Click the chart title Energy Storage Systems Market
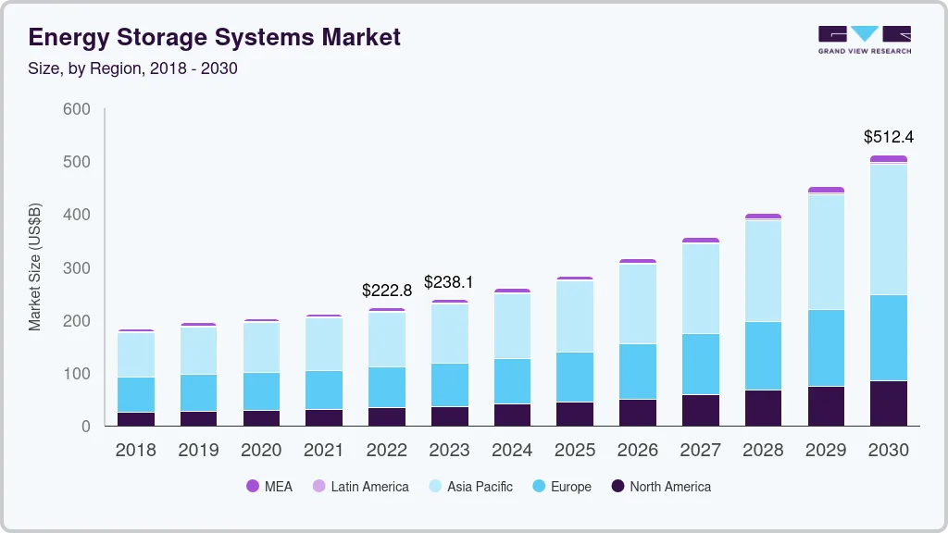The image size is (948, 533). click(x=214, y=37)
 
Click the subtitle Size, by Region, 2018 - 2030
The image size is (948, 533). click(x=133, y=68)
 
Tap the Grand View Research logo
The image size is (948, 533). click(x=864, y=40)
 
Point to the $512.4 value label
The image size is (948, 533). click(x=889, y=137)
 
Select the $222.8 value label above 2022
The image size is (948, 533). click(x=387, y=291)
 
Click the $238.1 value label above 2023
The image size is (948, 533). click(x=449, y=282)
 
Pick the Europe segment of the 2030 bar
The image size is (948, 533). click(x=889, y=338)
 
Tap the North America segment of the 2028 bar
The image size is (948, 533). click(x=763, y=408)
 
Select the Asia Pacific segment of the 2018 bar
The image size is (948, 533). click(x=136, y=354)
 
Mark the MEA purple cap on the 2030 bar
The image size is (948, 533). click(x=889, y=159)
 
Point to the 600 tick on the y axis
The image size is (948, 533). click(x=77, y=109)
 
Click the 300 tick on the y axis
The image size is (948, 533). click(x=77, y=268)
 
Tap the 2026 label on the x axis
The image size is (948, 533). click(x=638, y=451)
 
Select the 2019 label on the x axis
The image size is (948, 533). click(x=198, y=451)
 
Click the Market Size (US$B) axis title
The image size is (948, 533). click(x=35, y=267)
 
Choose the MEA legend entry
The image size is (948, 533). click(x=269, y=487)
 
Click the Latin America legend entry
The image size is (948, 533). click(x=360, y=487)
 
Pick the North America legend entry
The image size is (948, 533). click(x=661, y=487)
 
